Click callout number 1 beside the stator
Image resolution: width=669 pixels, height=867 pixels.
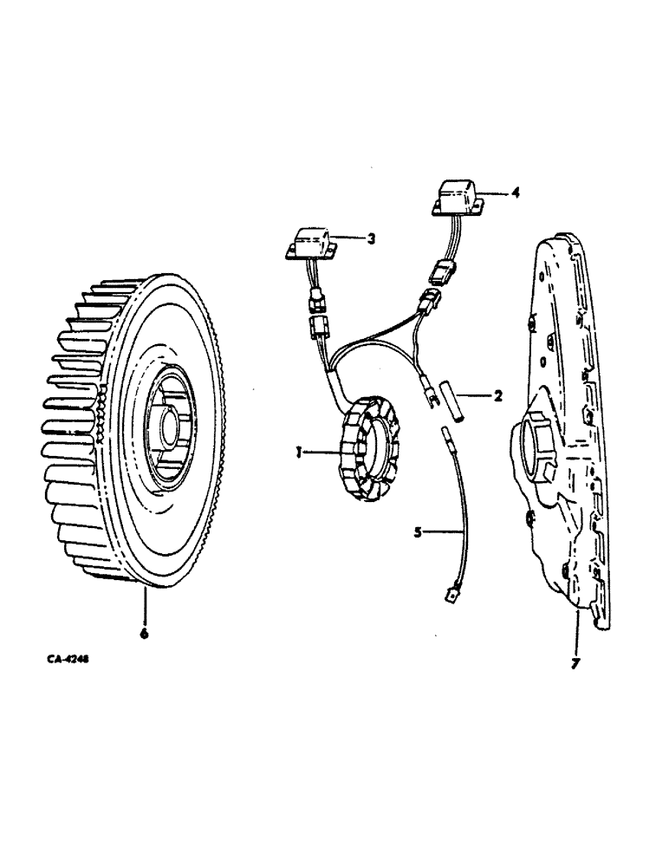296,452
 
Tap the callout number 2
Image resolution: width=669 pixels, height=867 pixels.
497,397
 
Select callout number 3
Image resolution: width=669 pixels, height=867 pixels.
370,238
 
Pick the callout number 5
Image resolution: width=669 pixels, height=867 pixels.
418,531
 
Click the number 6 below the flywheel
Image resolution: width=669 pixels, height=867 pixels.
144,634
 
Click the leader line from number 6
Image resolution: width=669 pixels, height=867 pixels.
145,607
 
